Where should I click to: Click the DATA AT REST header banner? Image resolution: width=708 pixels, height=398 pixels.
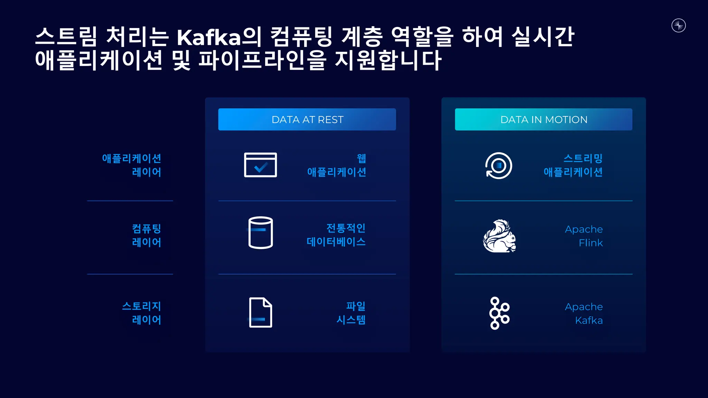pos(307,120)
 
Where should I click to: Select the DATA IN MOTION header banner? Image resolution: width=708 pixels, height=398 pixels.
pos(543,120)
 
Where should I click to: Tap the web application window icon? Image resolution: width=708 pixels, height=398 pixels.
pos(260,165)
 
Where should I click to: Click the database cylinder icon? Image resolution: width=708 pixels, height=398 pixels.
pos(261,233)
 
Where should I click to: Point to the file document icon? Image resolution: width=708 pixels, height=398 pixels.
pos(261,312)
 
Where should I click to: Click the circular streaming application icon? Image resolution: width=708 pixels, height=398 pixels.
pos(499,165)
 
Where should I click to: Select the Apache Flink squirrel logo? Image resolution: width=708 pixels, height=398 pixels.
pos(500,236)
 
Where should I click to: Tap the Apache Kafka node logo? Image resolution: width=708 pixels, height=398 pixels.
pos(499,313)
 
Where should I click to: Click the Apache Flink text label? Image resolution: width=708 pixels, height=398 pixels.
pos(584,236)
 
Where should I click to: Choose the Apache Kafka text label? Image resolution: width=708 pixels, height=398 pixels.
pos(584,313)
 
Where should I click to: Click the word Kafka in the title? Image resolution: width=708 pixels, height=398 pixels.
pos(209,37)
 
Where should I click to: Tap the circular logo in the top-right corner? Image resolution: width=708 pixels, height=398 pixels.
pos(679,26)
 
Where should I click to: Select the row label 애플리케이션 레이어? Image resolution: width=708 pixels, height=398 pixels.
pos(132,165)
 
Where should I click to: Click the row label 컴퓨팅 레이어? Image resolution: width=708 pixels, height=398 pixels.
pos(147,235)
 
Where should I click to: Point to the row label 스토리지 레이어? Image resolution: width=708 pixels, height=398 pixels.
pos(142,313)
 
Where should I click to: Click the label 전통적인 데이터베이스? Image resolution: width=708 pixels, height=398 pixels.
pos(336,235)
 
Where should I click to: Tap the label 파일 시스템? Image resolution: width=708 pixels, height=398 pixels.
pos(351,313)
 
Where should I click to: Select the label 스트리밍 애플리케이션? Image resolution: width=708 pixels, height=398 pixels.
pos(573,165)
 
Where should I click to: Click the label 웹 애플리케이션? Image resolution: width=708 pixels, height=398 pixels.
pos(337,165)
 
